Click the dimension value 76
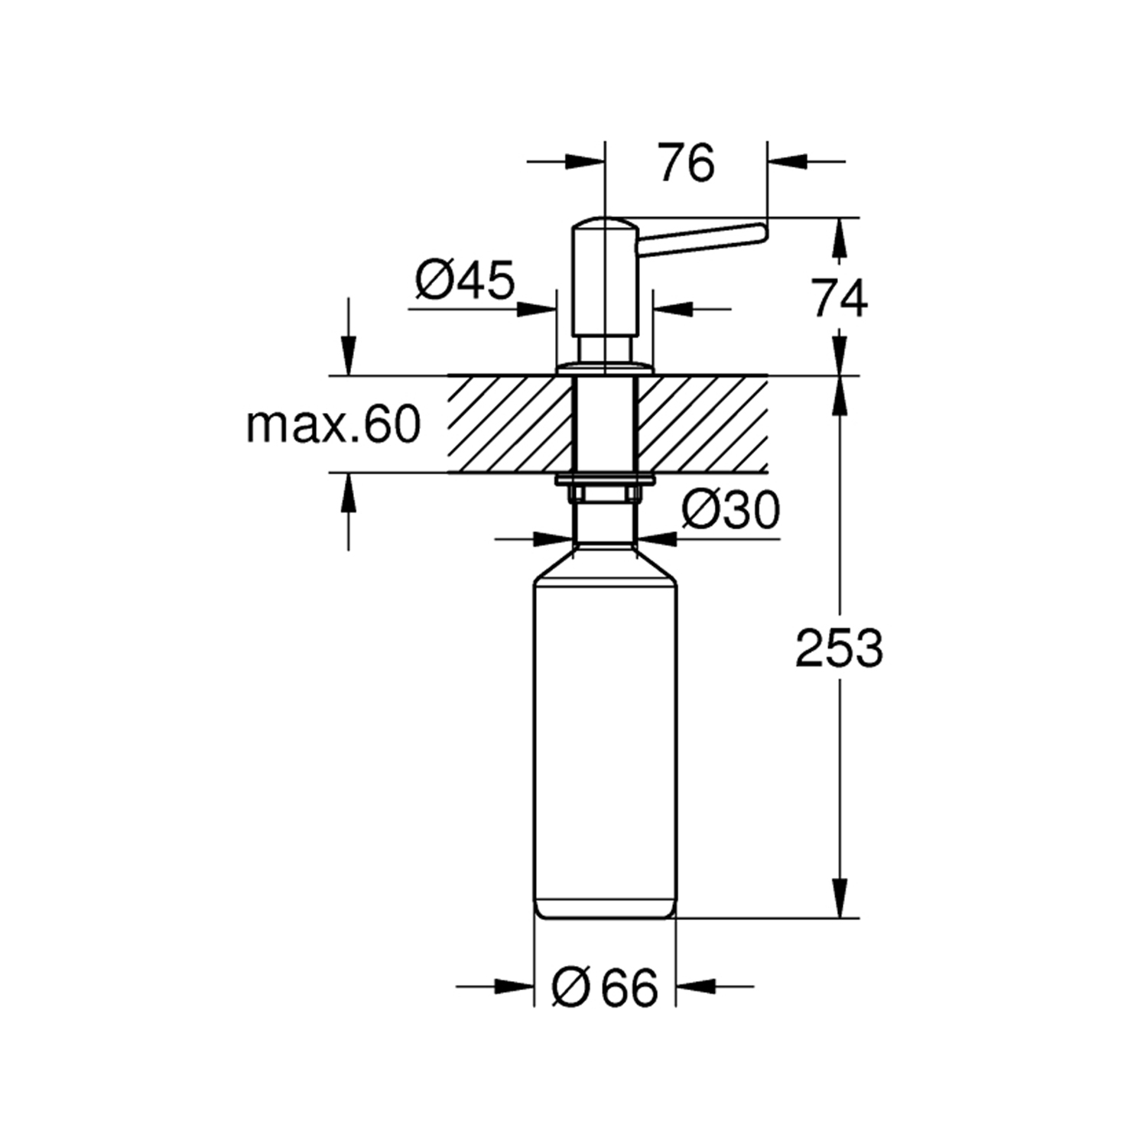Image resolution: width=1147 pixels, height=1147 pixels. pos(687,163)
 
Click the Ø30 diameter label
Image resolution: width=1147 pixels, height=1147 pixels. pos(730,510)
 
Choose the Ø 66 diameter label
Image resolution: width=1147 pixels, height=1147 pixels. pos(604,987)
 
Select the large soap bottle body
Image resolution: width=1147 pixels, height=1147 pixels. pos(604,734)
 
